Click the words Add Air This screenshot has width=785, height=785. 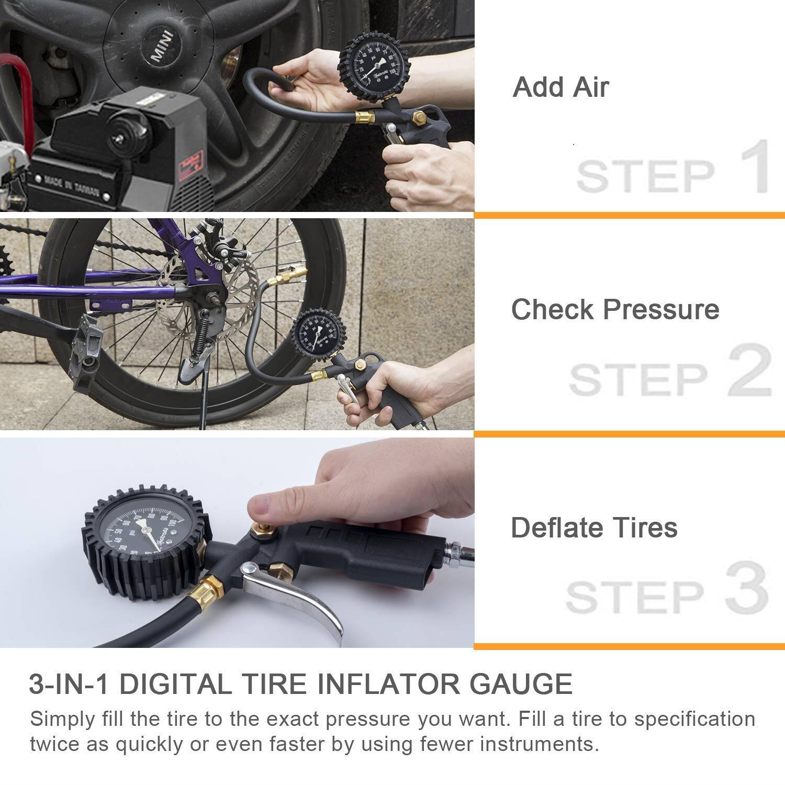point(560,87)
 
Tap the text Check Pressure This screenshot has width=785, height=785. point(615,309)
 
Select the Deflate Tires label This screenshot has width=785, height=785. point(594,528)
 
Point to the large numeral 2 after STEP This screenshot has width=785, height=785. point(749,372)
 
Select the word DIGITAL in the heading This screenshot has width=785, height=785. point(178,684)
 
